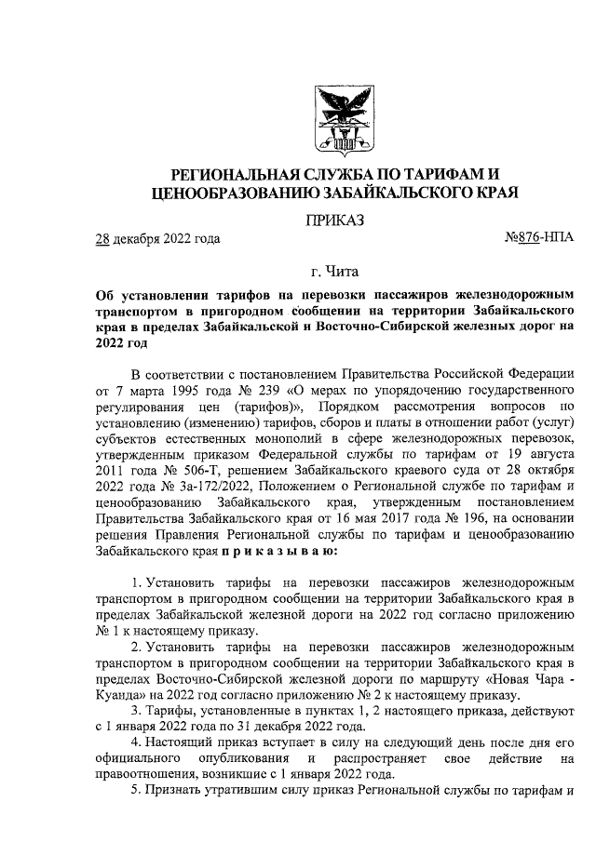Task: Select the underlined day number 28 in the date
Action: pos(103,239)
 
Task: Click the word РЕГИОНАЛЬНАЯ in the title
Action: pos(237,174)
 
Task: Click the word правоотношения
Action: pos(152,776)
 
